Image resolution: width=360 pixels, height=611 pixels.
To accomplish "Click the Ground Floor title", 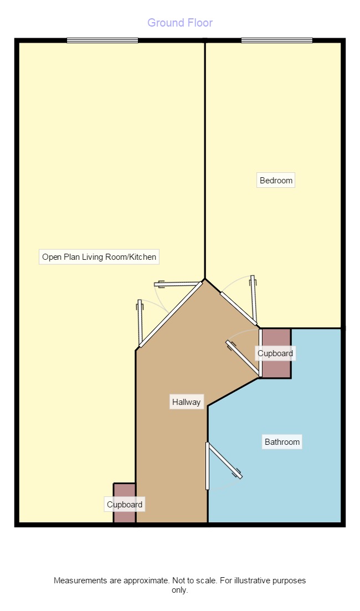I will tap(180, 23).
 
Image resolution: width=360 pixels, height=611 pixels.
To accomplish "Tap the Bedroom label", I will tap(276, 181).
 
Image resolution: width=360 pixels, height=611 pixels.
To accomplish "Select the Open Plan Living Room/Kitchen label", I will tap(99, 257).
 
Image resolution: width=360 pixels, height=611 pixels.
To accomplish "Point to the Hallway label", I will tap(186, 402).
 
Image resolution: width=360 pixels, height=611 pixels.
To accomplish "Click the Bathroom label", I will tap(282, 442).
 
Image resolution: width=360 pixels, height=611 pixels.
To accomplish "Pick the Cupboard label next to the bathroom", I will tap(275, 353).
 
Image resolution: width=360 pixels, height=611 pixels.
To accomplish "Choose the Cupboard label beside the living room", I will tap(125, 505).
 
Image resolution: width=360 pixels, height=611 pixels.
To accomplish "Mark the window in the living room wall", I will tap(102, 40).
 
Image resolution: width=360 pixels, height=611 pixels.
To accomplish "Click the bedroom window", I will tap(276, 40).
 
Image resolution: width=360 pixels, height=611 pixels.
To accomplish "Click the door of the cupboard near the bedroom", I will tap(243, 360).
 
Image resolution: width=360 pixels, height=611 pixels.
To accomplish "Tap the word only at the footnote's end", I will tap(180, 590).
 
